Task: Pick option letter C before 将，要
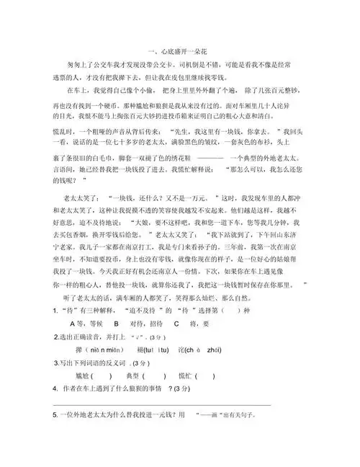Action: click(175, 324)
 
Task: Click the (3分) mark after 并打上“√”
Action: click(156, 337)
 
